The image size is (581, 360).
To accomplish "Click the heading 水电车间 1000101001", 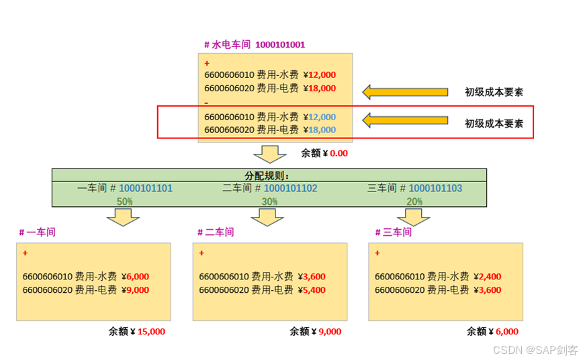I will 255,45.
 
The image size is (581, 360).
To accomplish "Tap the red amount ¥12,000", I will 320,75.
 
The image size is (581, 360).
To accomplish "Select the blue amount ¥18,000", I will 320,130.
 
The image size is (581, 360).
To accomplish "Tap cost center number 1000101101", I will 146,189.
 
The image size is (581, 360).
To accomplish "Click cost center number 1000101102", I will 290,189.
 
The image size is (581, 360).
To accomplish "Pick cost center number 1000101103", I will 435,189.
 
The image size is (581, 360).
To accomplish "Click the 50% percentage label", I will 125,201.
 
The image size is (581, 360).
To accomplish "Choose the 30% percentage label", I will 269,201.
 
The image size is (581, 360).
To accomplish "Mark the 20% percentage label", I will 414,201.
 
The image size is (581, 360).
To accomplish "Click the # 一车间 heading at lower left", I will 37,232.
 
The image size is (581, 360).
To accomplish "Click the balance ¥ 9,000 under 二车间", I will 327,331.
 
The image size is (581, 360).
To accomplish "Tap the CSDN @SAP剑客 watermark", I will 535,350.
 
